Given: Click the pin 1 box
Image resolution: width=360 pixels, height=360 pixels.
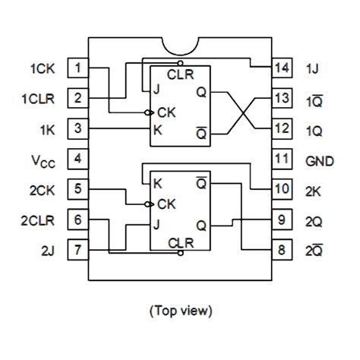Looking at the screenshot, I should tap(77, 68).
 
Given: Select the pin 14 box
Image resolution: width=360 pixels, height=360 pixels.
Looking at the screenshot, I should tap(282, 68).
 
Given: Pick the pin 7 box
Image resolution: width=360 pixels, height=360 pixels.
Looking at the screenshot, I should tap(77, 248).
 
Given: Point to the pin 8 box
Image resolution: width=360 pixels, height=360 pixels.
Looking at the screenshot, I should tap(282, 248).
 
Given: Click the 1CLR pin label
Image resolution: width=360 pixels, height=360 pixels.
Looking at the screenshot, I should tap(37, 99).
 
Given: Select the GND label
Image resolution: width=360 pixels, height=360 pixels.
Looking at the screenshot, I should tap(319, 159).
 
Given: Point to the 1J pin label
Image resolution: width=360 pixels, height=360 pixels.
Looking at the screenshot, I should tap(312, 69).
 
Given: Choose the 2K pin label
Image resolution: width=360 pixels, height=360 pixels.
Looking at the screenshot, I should tap(314, 189).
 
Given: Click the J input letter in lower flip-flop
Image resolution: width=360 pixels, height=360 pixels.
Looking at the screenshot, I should tap(156, 224).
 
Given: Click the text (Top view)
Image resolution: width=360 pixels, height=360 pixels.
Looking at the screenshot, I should tap(181, 310).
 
